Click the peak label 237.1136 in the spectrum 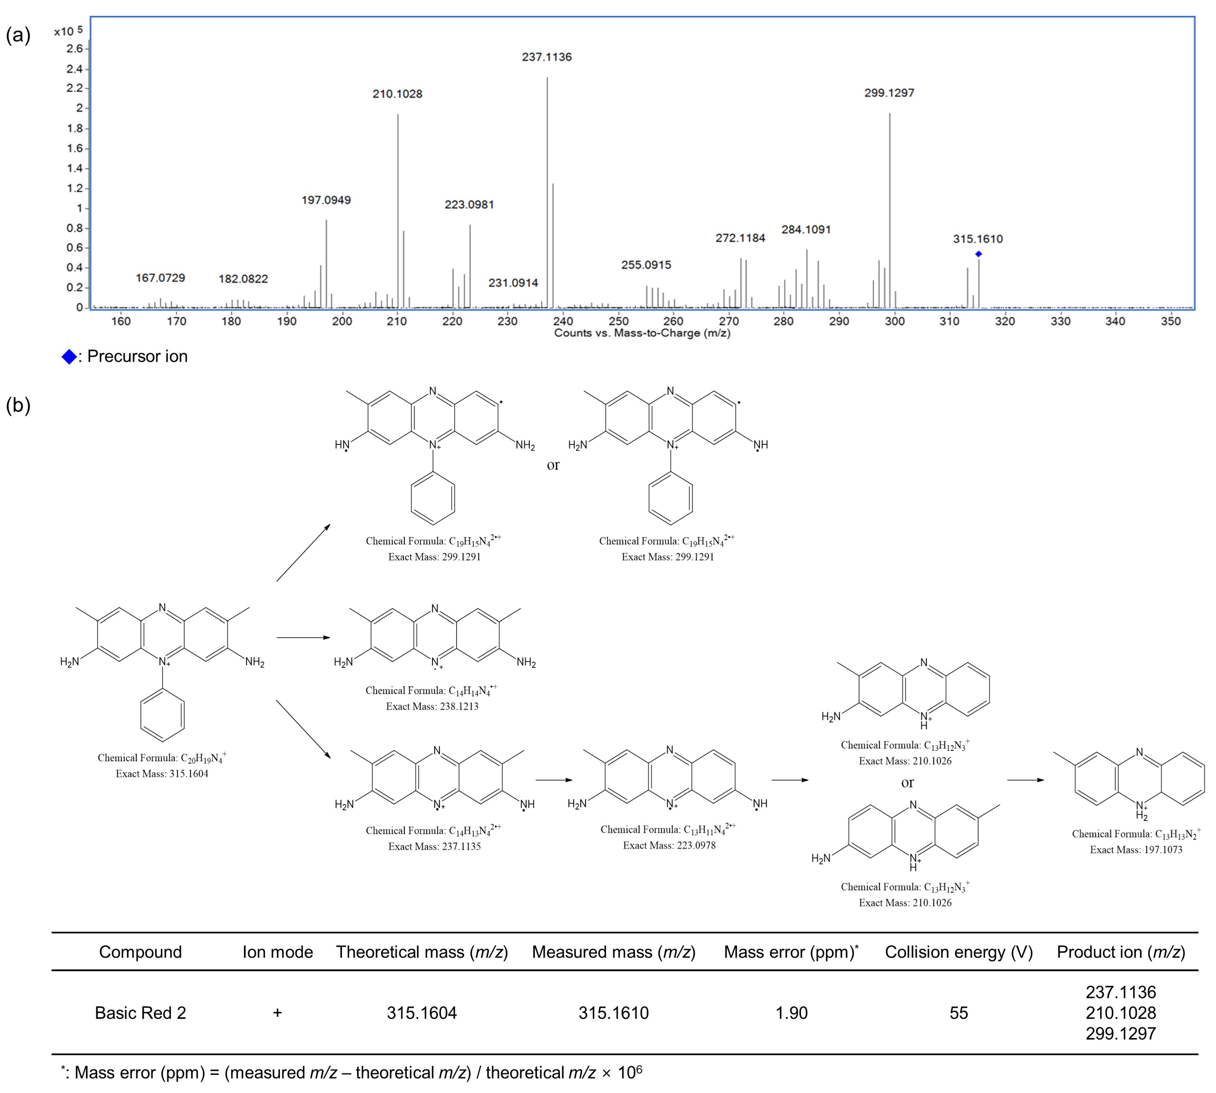pyautogui.click(x=547, y=57)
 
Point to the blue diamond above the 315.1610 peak pyautogui.click(x=978, y=254)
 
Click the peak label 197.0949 pyautogui.click(x=326, y=200)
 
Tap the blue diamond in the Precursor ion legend pyautogui.click(x=69, y=357)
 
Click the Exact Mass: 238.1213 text pyautogui.click(x=432, y=706)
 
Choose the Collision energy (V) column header pyautogui.click(x=958, y=952)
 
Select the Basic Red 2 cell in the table pyautogui.click(x=140, y=1013)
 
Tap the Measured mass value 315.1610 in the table pyautogui.click(x=613, y=1013)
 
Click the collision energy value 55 pyautogui.click(x=958, y=1013)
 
